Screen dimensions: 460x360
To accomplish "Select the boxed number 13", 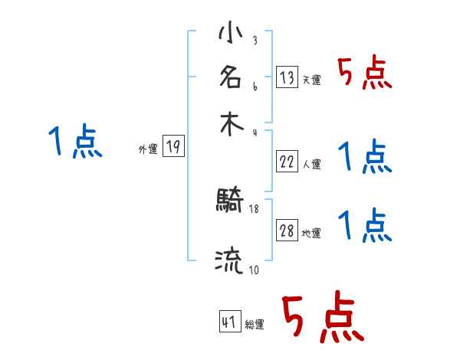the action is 286,77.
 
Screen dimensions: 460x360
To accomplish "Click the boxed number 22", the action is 286,161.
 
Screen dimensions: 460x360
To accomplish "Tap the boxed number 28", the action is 286,231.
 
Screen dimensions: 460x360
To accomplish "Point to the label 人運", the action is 311,163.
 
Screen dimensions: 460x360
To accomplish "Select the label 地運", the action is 311,234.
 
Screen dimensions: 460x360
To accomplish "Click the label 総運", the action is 255,324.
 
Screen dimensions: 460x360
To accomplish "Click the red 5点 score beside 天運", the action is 364,74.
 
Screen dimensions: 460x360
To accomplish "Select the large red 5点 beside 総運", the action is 322,318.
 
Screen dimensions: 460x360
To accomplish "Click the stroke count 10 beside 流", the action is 254,269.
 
